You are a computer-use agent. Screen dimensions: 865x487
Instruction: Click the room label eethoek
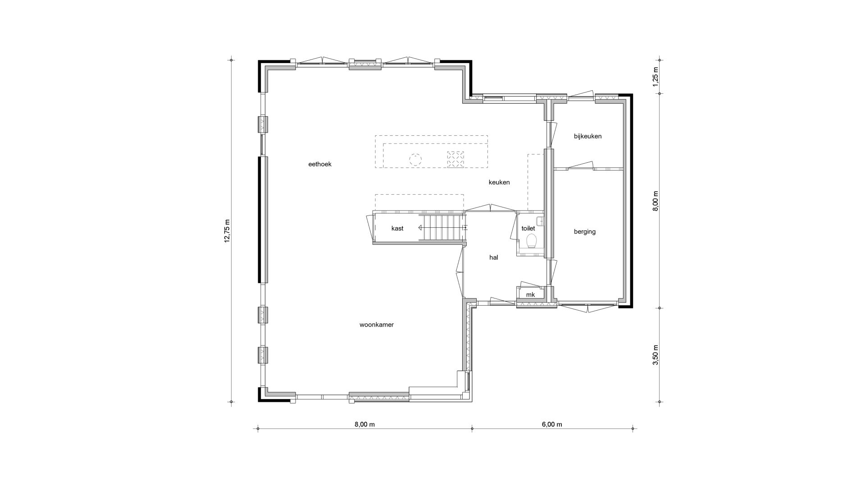[x=320, y=164]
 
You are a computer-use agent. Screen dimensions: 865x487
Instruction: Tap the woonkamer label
[x=377, y=325]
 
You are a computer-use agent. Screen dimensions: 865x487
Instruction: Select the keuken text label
[x=499, y=182]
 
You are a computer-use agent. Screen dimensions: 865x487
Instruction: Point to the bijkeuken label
[x=587, y=136]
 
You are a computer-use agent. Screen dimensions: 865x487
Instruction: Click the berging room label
[x=585, y=232]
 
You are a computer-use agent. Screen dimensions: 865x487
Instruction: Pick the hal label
[x=494, y=257]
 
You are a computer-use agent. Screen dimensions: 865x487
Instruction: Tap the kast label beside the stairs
[x=397, y=228]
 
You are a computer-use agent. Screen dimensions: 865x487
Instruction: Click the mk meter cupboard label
[x=530, y=295]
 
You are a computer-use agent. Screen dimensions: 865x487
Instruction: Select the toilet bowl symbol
[x=532, y=241]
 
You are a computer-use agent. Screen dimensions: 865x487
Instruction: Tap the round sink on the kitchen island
[x=415, y=159]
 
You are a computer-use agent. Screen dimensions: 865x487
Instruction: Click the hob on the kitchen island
[x=455, y=159]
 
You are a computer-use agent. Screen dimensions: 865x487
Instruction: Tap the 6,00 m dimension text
[x=552, y=424]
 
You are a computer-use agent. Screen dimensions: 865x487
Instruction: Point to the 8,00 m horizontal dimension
[x=364, y=424]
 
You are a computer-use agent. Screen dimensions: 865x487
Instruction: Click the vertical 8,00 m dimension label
[x=656, y=201]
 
